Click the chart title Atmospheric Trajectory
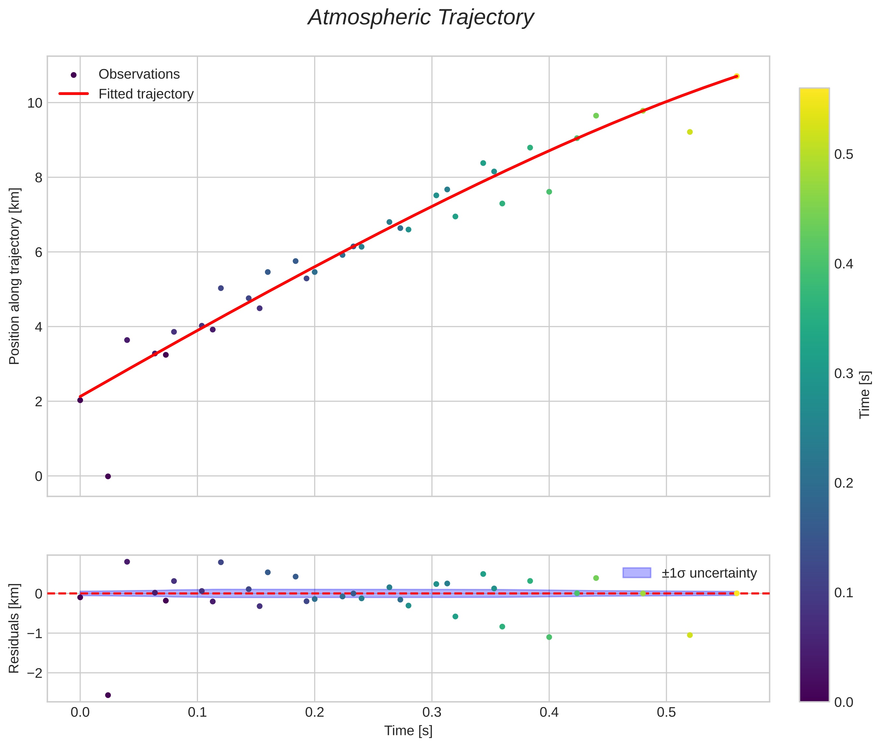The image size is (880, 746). (421, 18)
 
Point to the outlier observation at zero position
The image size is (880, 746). (108, 476)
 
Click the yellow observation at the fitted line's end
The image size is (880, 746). (736, 76)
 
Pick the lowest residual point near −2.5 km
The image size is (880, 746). (108, 695)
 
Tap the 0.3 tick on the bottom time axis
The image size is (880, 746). (432, 712)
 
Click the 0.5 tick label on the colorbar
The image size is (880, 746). (843, 155)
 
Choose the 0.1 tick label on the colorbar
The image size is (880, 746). (843, 593)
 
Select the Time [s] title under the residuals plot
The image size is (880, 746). (408, 731)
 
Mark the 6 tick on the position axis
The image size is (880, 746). (39, 252)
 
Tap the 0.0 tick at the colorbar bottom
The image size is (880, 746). (843, 702)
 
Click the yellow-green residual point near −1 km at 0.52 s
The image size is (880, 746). (690, 635)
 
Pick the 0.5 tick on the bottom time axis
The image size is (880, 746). (666, 712)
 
